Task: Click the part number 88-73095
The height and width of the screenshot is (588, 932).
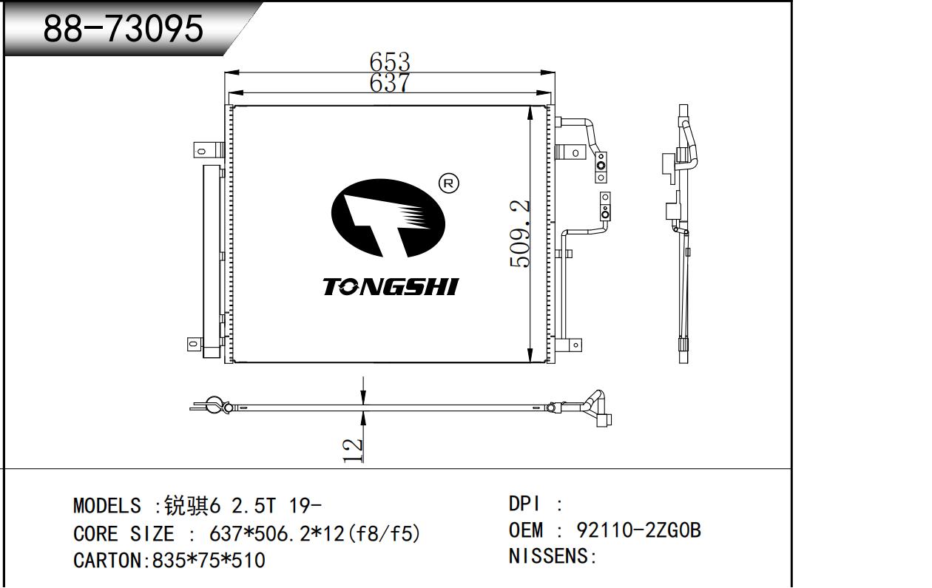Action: [123, 28]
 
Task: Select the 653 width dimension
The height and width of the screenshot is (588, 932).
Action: [390, 62]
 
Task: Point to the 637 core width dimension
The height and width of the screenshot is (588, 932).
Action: [390, 82]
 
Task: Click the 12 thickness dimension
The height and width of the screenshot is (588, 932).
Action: [352, 450]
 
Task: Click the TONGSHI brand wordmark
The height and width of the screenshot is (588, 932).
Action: [391, 287]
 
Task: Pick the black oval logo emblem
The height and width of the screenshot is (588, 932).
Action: [388, 218]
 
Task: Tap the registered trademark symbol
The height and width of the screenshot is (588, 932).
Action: [448, 183]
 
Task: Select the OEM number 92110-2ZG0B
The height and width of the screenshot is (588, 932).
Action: [638, 530]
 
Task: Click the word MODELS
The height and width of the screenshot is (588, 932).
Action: [107, 506]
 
